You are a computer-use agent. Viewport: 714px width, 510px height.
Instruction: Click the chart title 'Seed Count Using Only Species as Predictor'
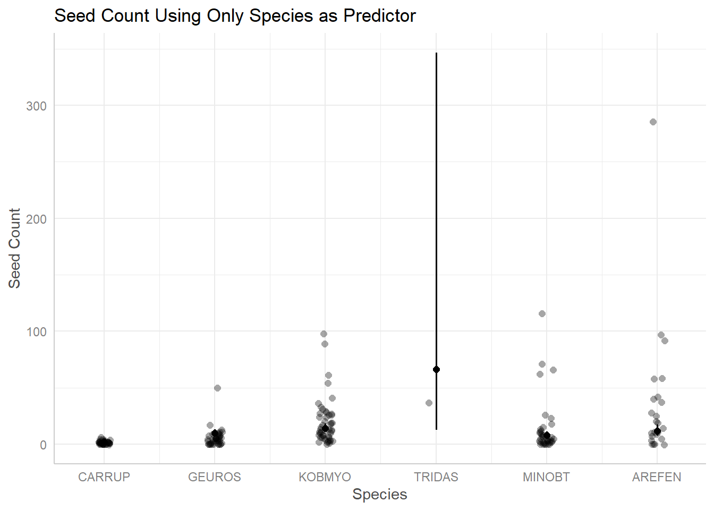[235, 16]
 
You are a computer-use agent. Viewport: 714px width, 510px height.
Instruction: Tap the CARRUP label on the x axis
[104, 477]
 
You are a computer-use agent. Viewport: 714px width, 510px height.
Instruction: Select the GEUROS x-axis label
[215, 477]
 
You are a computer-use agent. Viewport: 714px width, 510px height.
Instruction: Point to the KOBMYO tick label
[325, 477]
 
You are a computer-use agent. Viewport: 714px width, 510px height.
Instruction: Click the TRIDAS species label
[436, 477]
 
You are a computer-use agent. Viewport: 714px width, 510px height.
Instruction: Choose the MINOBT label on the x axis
[546, 477]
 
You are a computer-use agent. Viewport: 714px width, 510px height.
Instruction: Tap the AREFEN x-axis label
[657, 477]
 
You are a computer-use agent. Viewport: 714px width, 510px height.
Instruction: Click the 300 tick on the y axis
[36, 106]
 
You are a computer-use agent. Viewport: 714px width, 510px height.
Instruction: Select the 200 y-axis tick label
[36, 219]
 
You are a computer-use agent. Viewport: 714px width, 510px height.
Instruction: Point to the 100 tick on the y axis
[36, 332]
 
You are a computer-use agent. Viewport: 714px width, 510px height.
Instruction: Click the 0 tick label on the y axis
[43, 445]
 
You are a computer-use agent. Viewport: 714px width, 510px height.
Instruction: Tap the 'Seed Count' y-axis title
[14, 248]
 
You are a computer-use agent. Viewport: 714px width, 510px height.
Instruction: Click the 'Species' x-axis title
[380, 495]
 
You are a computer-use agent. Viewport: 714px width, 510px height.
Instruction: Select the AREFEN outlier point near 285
[653, 122]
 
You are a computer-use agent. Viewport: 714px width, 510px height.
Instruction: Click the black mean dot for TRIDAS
[436, 369]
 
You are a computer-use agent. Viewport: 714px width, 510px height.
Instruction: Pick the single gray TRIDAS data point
[429, 403]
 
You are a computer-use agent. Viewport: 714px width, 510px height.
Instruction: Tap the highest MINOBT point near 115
[542, 313]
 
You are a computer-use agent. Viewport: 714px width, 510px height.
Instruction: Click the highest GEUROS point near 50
[217, 388]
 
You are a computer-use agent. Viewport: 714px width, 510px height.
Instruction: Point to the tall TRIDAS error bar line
[436, 212]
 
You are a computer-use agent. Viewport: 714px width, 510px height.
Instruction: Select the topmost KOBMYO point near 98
[324, 334]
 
